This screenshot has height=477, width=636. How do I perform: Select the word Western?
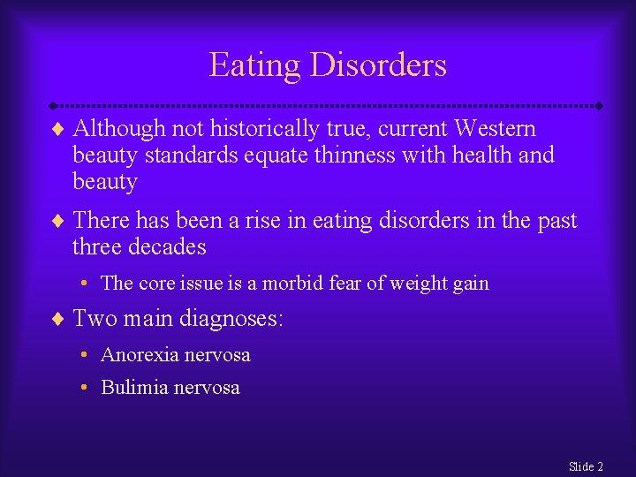(495, 129)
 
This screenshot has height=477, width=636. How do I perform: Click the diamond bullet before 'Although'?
(58, 129)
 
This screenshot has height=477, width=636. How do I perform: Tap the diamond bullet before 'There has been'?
(58, 220)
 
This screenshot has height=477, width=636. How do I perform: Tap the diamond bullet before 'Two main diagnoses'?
(58, 318)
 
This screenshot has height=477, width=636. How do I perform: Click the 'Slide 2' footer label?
(586, 466)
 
